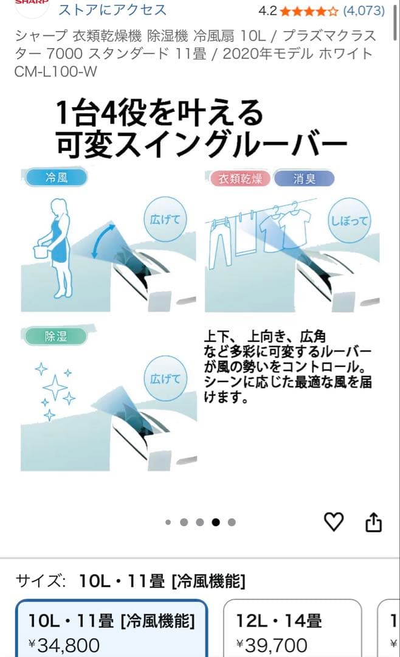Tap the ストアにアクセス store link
(x=112, y=10)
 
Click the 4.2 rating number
(x=268, y=10)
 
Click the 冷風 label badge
(x=56, y=178)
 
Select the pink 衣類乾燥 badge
(x=240, y=178)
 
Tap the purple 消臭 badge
(x=304, y=178)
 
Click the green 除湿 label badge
(x=56, y=336)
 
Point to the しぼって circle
(x=349, y=220)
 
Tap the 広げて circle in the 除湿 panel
(x=165, y=378)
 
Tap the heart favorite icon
(x=334, y=521)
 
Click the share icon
(x=374, y=521)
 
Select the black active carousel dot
(x=216, y=522)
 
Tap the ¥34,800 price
(x=64, y=645)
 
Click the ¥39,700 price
(x=272, y=645)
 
